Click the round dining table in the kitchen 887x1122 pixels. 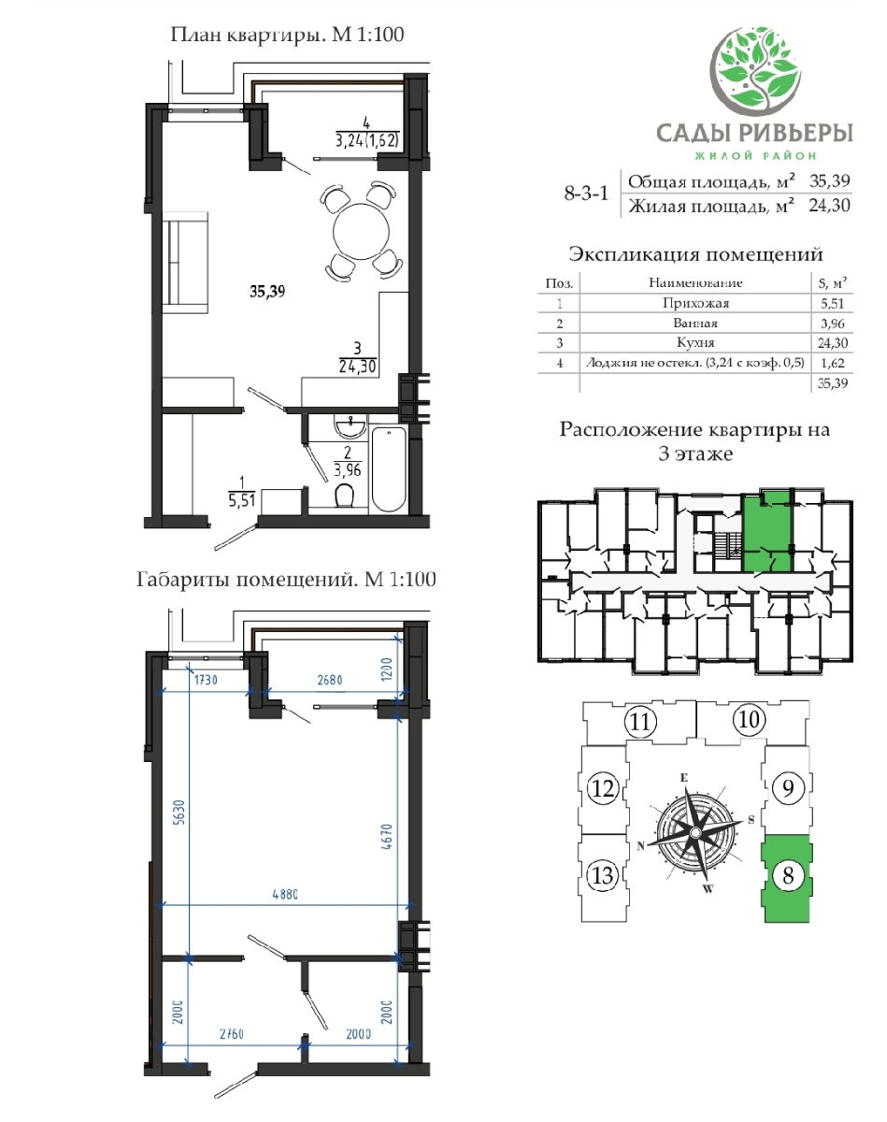(361, 230)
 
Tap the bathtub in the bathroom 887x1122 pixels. (389, 469)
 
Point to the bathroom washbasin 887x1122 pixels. (351, 425)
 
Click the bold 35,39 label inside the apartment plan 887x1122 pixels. (267, 291)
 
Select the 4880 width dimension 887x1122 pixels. (285, 895)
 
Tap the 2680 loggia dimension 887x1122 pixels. (330, 680)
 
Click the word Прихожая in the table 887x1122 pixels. (695, 303)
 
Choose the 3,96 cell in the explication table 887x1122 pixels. (832, 324)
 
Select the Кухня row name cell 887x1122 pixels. (695, 342)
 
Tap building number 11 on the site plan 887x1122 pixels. (640, 722)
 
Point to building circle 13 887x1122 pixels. (603, 875)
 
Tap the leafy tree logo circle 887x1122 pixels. (756, 67)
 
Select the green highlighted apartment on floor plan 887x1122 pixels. (766, 532)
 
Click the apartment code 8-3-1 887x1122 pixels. (586, 194)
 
